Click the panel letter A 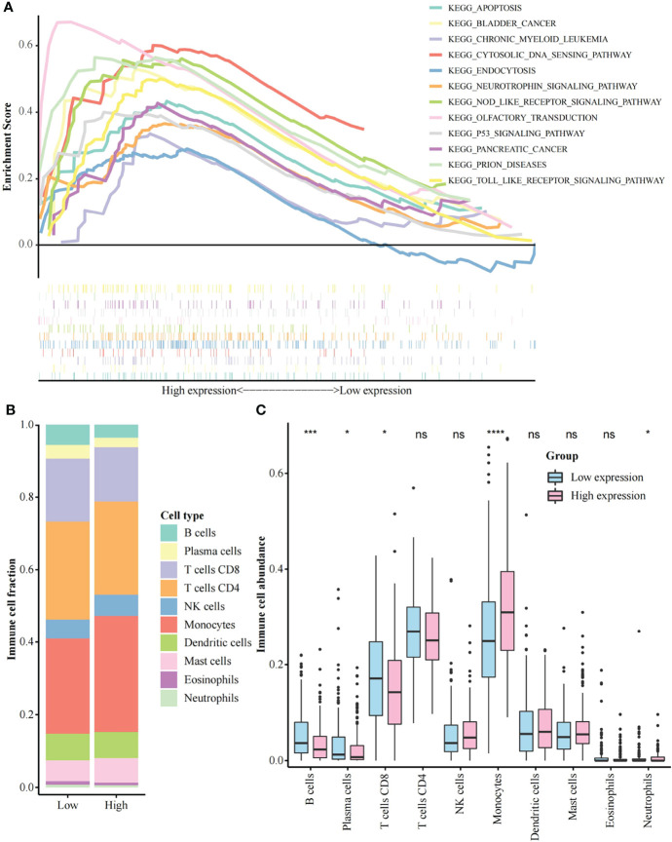click(8, 8)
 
